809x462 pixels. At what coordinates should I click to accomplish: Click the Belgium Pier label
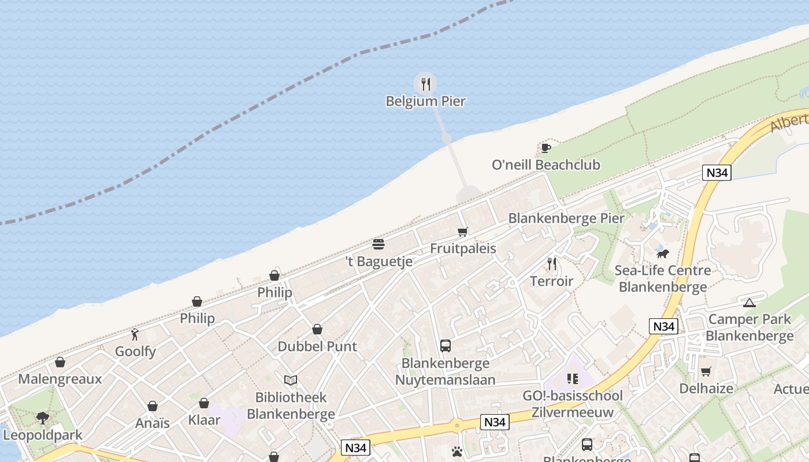(x=426, y=101)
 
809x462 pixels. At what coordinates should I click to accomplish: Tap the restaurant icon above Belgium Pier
(x=426, y=84)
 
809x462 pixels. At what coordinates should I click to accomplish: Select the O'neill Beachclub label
(x=545, y=165)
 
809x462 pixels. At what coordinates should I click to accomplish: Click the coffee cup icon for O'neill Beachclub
(x=545, y=148)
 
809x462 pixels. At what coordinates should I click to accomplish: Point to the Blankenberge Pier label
(x=566, y=218)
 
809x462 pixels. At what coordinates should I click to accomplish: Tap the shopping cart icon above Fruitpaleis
(x=462, y=232)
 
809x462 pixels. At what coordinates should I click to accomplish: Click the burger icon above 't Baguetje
(x=378, y=244)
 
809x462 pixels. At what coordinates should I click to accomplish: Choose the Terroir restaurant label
(x=552, y=281)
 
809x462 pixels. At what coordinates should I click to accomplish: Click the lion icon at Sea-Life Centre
(x=662, y=254)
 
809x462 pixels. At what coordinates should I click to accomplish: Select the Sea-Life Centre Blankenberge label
(x=662, y=278)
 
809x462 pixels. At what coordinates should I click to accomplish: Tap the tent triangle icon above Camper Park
(x=749, y=303)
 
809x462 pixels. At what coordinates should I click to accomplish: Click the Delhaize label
(x=706, y=389)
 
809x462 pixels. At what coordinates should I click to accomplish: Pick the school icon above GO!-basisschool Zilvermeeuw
(x=573, y=379)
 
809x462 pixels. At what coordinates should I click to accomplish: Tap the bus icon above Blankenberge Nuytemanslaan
(x=445, y=346)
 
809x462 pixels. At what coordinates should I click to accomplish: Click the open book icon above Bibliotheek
(x=291, y=380)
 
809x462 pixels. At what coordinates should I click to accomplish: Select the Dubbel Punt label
(x=317, y=346)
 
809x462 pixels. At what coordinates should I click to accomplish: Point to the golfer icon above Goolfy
(x=135, y=334)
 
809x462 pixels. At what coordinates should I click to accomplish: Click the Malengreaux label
(x=60, y=379)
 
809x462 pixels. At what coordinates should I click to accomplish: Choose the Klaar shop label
(x=204, y=420)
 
